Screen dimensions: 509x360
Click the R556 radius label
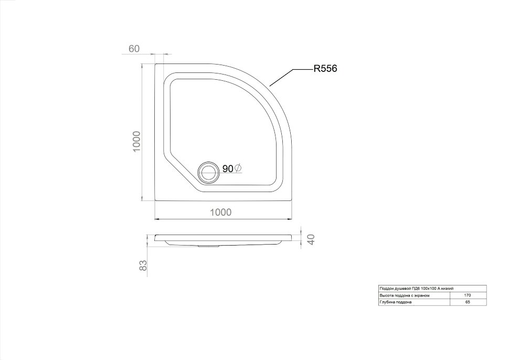point(325,69)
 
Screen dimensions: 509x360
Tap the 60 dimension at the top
point(134,49)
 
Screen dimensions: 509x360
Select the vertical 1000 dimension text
point(136,142)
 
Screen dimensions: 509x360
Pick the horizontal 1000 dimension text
point(221,213)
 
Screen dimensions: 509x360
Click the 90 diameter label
point(228,169)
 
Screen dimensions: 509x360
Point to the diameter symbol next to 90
point(238,168)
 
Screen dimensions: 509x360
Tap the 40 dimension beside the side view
point(311,240)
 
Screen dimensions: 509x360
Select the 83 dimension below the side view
point(143,266)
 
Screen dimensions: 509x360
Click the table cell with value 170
point(468,295)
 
